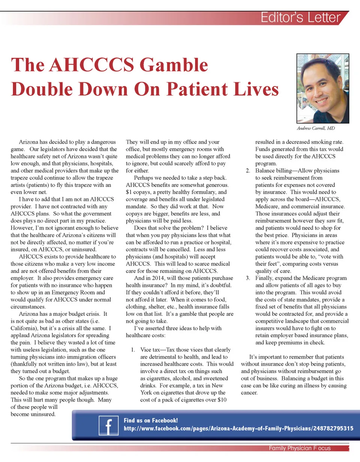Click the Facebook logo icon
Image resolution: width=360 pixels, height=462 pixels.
coord(108,426)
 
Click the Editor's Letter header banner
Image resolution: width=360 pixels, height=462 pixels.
coord(300,18)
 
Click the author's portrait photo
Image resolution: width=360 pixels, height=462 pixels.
coord(322,88)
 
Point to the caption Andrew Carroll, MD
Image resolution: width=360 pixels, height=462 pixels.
coord(316,128)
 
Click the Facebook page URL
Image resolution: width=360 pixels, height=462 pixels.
coord(238,428)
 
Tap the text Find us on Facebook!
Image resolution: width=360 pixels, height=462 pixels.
coord(151,420)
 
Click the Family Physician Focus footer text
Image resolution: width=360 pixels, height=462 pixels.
coord(300,448)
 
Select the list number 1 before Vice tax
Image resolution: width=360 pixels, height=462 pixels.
coord(133,350)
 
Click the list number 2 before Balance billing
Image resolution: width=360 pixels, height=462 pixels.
coord(248,171)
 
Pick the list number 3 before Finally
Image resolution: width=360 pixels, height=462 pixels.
coord(248,278)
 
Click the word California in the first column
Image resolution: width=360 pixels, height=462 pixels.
coord(24,328)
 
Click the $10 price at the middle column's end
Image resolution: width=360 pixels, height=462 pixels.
coord(222,400)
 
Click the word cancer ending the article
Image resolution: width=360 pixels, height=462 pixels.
coord(249,393)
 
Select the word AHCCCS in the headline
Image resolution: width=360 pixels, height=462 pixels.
coord(92,65)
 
